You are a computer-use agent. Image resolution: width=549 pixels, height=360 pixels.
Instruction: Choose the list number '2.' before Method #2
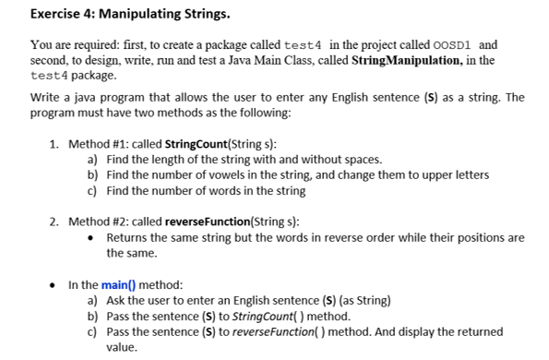(x=54, y=221)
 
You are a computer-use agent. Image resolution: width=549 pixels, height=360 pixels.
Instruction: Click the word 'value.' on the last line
(x=122, y=347)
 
